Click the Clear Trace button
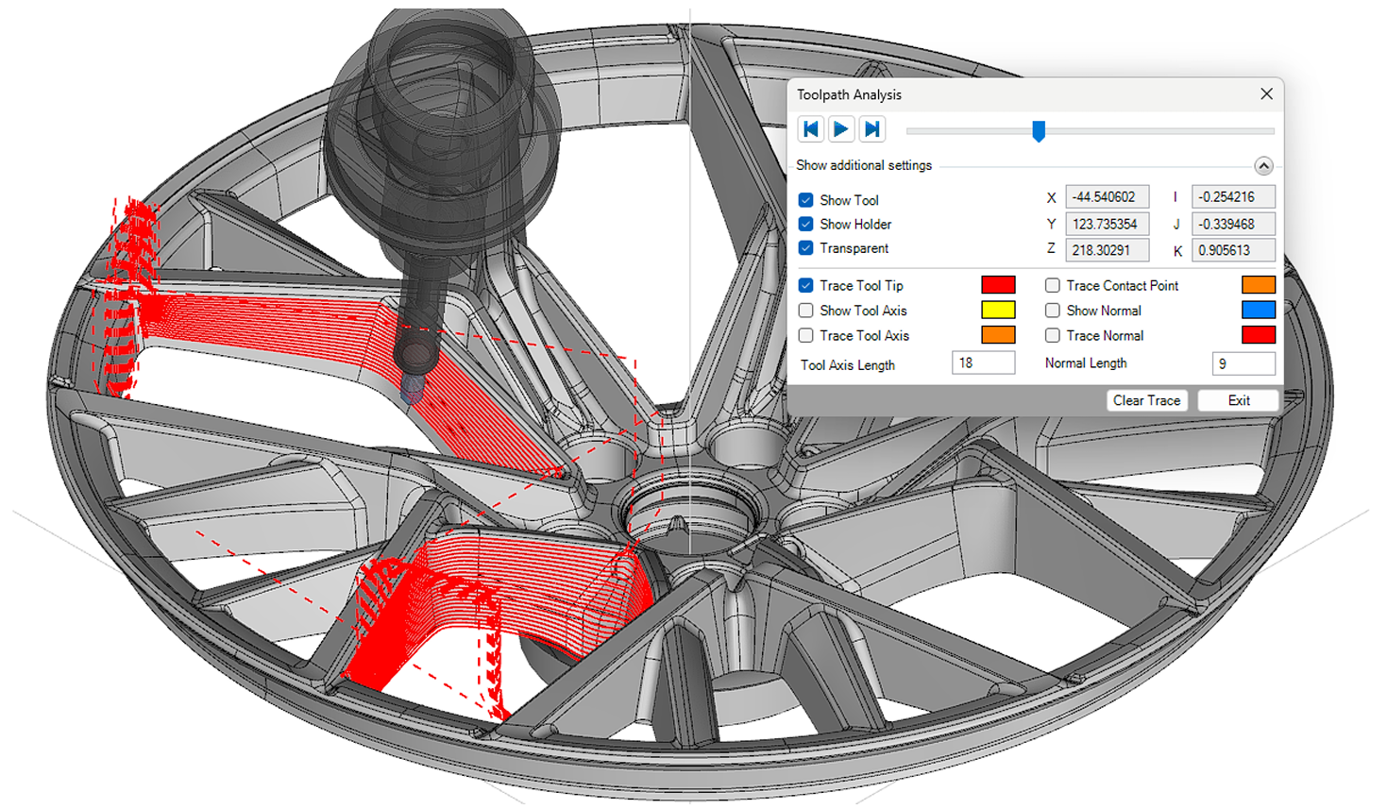1147,400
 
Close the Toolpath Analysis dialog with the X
1266,94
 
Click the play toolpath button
841,129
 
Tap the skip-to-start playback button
810,129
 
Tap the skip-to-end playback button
871,129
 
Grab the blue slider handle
1039,131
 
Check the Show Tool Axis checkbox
805,311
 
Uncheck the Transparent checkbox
805,248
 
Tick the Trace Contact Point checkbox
1052,285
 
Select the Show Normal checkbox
1052,311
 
